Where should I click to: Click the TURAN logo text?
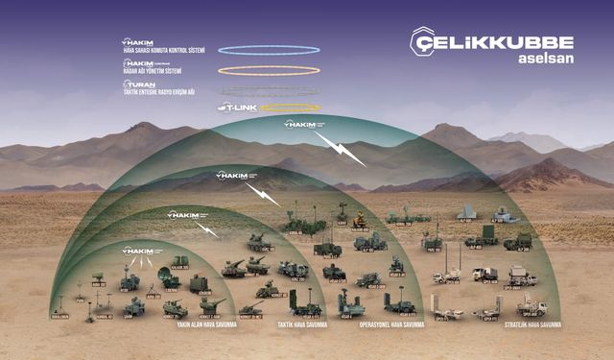[142, 84]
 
